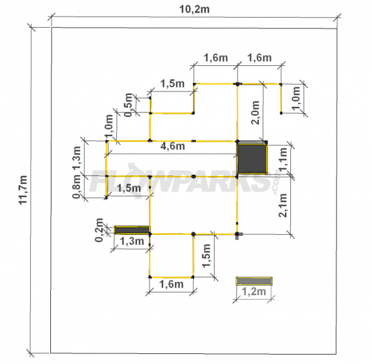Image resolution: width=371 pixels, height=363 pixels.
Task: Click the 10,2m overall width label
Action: (x=194, y=10)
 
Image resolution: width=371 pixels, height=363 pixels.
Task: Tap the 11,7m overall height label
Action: (x=23, y=190)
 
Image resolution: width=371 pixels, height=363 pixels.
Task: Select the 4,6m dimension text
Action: (x=173, y=146)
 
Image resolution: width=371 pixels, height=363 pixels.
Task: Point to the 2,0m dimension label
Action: (x=256, y=113)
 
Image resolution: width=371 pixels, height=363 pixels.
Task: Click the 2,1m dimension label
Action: (x=282, y=205)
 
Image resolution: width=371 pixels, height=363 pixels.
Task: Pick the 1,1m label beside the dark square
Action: (x=283, y=159)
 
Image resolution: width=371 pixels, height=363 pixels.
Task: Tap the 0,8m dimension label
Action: (x=77, y=186)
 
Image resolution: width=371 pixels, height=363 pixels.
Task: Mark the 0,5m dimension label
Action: (x=129, y=105)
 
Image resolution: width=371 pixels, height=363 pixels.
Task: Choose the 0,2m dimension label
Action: (x=99, y=230)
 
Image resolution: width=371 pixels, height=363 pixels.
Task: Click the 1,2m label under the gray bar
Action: (x=254, y=292)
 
